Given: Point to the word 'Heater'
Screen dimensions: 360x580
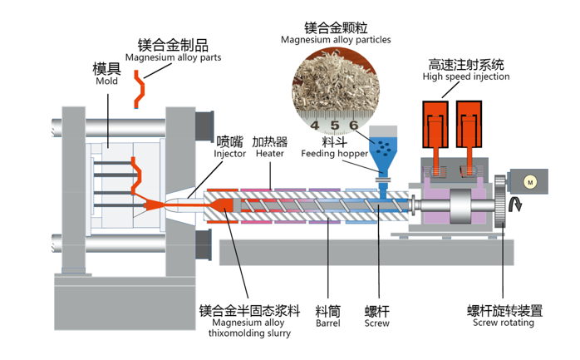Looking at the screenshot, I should (270, 154).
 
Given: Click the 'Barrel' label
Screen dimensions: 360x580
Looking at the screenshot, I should (327, 324).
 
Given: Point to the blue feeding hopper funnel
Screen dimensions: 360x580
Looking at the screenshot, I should (383, 150).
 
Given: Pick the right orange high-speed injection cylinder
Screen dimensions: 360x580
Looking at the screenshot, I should (470, 125).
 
